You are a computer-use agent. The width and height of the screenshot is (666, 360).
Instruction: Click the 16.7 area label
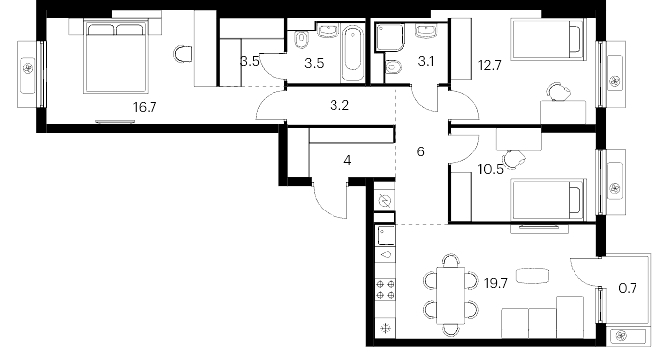[145, 107]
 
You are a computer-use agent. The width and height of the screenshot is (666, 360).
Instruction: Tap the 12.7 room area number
[490, 65]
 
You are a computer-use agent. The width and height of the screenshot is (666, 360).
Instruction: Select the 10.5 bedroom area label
[490, 170]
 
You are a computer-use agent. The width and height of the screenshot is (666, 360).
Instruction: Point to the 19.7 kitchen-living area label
[496, 283]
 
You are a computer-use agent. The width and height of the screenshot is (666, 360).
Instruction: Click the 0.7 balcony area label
[628, 288]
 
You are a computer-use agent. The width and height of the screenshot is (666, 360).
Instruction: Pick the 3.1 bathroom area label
[426, 62]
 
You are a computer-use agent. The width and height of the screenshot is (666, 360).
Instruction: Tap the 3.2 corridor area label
[339, 105]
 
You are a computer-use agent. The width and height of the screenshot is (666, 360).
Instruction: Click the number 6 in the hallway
[420, 151]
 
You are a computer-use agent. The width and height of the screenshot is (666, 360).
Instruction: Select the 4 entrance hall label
[347, 161]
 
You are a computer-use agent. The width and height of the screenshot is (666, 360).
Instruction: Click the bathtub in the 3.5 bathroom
[353, 53]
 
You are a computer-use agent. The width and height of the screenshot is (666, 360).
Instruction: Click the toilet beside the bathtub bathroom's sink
[302, 40]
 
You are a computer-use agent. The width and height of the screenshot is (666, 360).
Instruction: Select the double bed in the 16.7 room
[116, 56]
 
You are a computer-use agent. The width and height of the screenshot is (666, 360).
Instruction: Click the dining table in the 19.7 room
[451, 295]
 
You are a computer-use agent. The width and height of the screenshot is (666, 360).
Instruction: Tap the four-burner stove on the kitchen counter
[386, 289]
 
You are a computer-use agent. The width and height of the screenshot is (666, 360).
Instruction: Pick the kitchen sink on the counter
[386, 236]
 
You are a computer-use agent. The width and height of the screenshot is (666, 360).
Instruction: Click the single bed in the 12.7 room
[548, 38]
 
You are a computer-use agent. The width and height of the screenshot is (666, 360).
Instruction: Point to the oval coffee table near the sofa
[532, 276]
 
